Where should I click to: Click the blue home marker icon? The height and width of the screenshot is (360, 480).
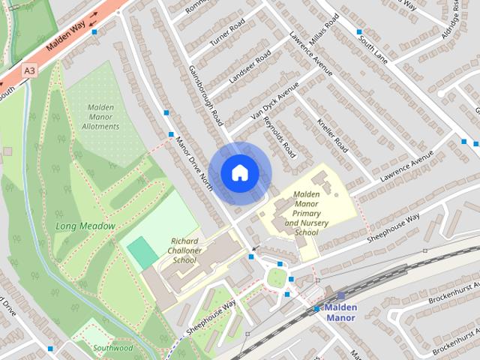(238, 173)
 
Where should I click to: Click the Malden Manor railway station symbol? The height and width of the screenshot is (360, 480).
(340, 296)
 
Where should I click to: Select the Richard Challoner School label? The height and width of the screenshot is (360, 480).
(173, 251)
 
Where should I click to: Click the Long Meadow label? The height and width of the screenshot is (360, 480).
(85, 226)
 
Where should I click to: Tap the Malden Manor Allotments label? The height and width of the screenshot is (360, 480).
(100, 116)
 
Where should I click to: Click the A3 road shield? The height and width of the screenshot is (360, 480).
(29, 70)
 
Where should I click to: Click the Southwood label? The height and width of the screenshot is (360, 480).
(113, 348)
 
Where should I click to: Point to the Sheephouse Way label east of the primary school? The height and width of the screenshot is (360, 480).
(393, 226)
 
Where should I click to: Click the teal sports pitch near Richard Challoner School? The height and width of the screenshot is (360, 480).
(142, 252)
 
